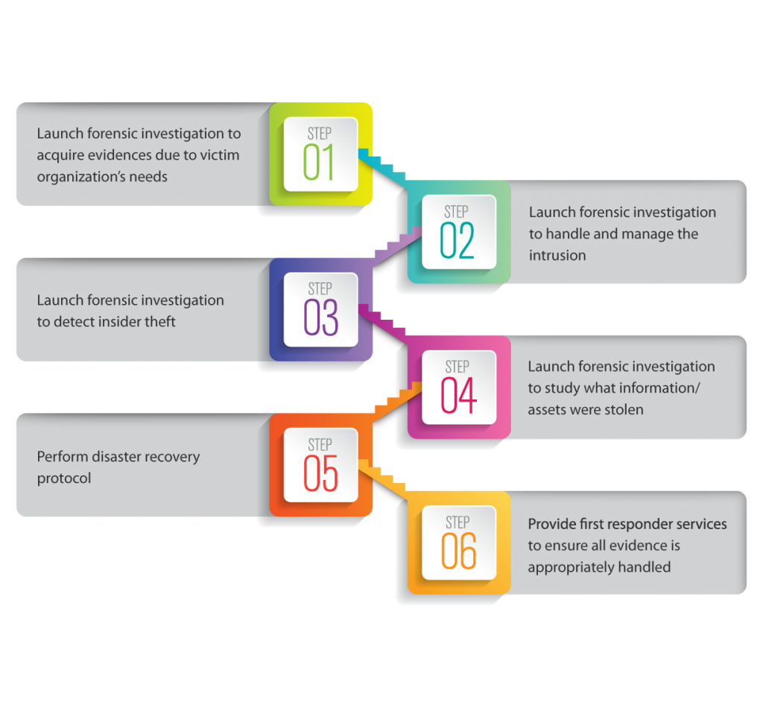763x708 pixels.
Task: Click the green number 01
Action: pos(319,163)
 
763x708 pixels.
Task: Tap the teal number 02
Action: pos(457,241)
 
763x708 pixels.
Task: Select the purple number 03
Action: pos(320,317)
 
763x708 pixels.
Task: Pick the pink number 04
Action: pos(458,396)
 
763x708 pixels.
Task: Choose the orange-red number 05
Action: pos(320,474)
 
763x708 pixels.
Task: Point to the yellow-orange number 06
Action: pos(458,551)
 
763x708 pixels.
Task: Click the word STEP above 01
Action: pos(320,134)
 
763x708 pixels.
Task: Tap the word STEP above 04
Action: pos(458,367)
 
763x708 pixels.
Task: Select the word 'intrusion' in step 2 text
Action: pos(557,256)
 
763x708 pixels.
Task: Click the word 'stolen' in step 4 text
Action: pos(623,409)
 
